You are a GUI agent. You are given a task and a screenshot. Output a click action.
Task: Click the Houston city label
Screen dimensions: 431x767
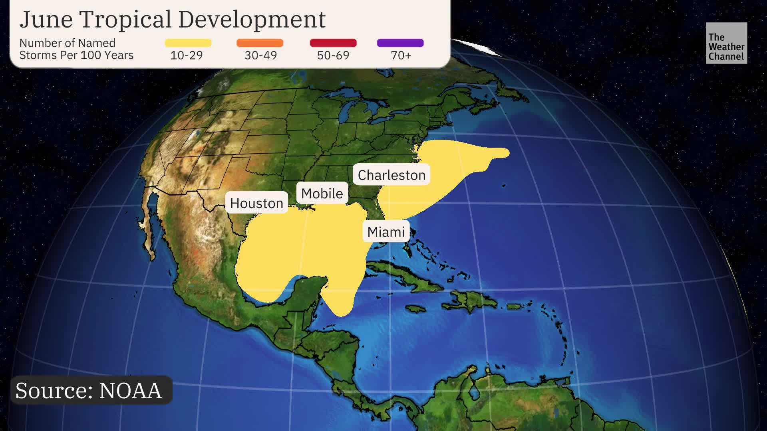click(256, 203)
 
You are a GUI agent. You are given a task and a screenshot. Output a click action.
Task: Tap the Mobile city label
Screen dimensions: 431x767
click(322, 194)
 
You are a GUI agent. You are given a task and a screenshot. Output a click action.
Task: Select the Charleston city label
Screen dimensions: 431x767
click(391, 175)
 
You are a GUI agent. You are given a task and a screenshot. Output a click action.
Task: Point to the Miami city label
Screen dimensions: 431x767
click(386, 231)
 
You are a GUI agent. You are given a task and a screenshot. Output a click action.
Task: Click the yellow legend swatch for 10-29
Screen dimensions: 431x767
click(188, 43)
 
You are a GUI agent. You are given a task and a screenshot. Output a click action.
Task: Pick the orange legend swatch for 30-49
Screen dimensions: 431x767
click(260, 43)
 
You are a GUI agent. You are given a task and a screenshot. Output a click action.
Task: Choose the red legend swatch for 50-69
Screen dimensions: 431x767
click(333, 43)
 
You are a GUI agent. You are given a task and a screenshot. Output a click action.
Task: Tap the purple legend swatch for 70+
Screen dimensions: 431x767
click(400, 43)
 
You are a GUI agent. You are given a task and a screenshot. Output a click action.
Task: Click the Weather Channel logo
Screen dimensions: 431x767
click(726, 43)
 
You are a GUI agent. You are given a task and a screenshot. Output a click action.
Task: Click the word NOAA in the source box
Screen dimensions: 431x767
click(130, 390)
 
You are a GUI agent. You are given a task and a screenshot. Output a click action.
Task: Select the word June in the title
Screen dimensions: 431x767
click(46, 19)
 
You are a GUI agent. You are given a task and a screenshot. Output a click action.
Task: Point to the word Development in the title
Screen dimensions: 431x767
click(252, 19)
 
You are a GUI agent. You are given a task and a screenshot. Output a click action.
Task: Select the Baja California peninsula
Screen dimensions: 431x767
click(151, 227)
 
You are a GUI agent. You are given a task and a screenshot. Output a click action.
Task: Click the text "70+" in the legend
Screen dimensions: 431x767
click(401, 55)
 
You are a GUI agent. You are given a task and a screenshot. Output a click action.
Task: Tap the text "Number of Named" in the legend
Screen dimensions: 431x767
click(67, 43)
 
